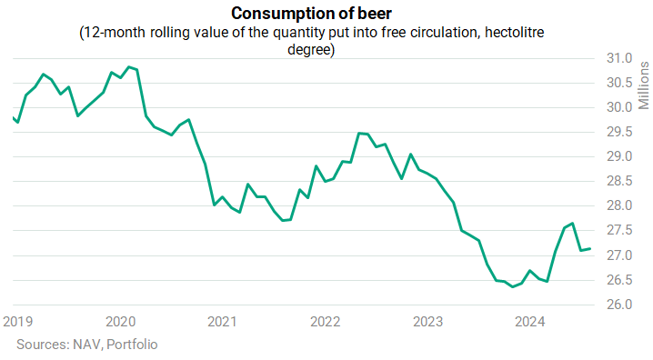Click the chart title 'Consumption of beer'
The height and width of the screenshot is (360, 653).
(x=311, y=14)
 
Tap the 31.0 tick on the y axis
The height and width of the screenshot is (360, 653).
(x=619, y=58)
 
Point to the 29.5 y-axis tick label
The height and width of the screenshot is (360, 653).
(x=619, y=132)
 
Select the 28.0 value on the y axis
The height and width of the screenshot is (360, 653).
(x=619, y=205)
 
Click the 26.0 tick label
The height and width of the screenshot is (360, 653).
(x=619, y=305)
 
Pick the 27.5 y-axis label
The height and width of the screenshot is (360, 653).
(x=619, y=230)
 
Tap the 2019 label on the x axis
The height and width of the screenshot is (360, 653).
(x=18, y=322)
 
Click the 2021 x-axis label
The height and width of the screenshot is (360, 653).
(x=223, y=322)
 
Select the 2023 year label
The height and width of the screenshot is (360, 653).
(x=427, y=322)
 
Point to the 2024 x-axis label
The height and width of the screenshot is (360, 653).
(x=529, y=322)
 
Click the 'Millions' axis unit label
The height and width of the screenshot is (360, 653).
(x=644, y=85)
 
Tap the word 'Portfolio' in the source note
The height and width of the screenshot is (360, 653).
(x=132, y=345)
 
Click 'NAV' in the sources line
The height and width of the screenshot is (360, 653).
(x=88, y=345)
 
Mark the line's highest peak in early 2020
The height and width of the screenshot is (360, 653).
(x=129, y=66)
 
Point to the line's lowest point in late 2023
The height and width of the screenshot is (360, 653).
(x=513, y=286)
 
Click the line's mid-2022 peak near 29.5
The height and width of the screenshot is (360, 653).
(x=359, y=133)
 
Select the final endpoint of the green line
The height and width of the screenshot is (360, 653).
(x=589, y=249)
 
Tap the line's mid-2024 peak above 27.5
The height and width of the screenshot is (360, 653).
(x=573, y=223)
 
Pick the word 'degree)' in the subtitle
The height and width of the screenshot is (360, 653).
(x=311, y=49)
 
